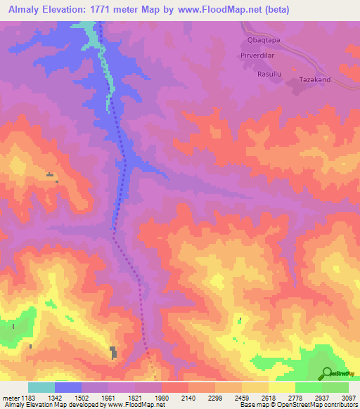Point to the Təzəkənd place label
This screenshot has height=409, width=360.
[310, 82]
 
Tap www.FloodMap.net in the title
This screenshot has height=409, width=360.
[221, 10]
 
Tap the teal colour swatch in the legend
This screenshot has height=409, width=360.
[41, 387]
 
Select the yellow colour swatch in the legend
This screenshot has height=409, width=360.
[282, 387]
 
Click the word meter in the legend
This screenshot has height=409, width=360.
[11, 398]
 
